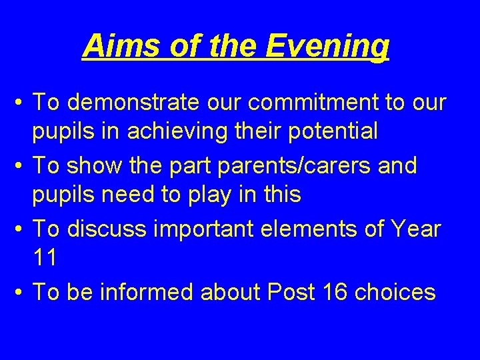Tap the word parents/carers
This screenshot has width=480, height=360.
click(278, 165)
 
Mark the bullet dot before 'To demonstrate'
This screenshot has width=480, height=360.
click(21, 104)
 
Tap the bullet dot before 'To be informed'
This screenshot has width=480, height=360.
click(21, 293)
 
